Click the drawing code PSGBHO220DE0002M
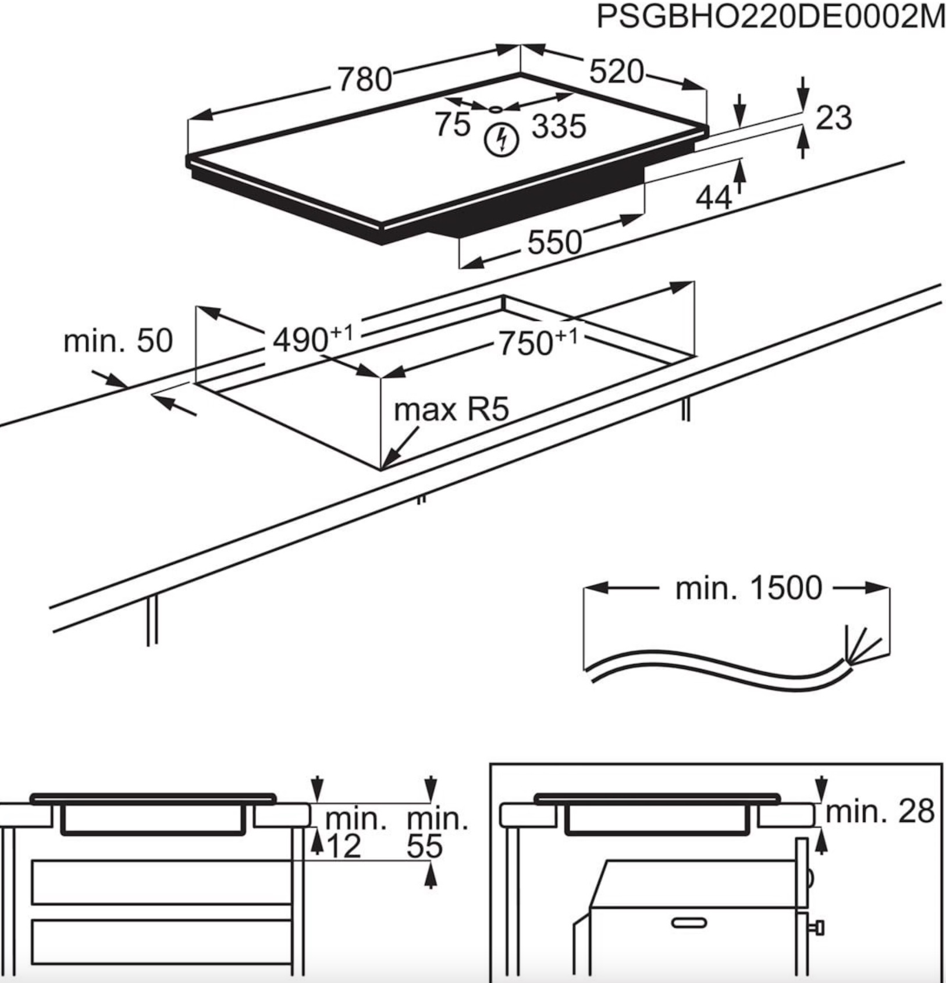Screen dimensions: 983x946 [770, 17]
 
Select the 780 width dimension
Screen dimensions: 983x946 [365, 79]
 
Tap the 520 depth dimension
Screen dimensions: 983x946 [616, 72]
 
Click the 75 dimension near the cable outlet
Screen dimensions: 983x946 [453, 124]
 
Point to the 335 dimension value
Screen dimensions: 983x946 [559, 126]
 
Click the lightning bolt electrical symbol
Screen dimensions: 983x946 [502, 140]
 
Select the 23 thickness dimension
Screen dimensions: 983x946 [833, 118]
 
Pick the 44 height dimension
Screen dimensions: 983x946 [713, 198]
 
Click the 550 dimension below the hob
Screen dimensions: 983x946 [554, 242]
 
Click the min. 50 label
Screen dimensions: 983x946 [118, 341]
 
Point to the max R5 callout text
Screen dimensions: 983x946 [451, 409]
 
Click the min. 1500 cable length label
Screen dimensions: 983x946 [748, 588]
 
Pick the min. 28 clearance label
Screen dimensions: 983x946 [879, 811]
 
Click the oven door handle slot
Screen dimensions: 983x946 [689, 923]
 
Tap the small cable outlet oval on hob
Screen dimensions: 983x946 [495, 108]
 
